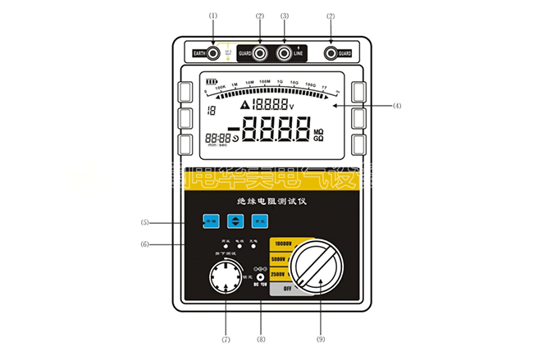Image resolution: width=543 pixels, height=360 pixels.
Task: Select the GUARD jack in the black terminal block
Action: pos(260,53)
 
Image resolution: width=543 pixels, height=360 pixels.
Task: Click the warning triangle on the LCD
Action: pos(244,105)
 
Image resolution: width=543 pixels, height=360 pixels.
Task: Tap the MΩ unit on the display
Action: pos(319,130)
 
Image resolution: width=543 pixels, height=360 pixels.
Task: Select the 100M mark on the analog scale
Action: pos(265,83)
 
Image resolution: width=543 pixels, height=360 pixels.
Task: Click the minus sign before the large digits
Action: pos(234,131)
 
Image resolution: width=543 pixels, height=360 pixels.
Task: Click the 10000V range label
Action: pos(284,244)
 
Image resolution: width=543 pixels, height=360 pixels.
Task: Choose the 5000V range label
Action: pos(283,258)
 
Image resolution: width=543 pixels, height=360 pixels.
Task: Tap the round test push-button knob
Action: pos(226,287)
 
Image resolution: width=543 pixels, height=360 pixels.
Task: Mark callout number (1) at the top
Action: pos(213,16)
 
